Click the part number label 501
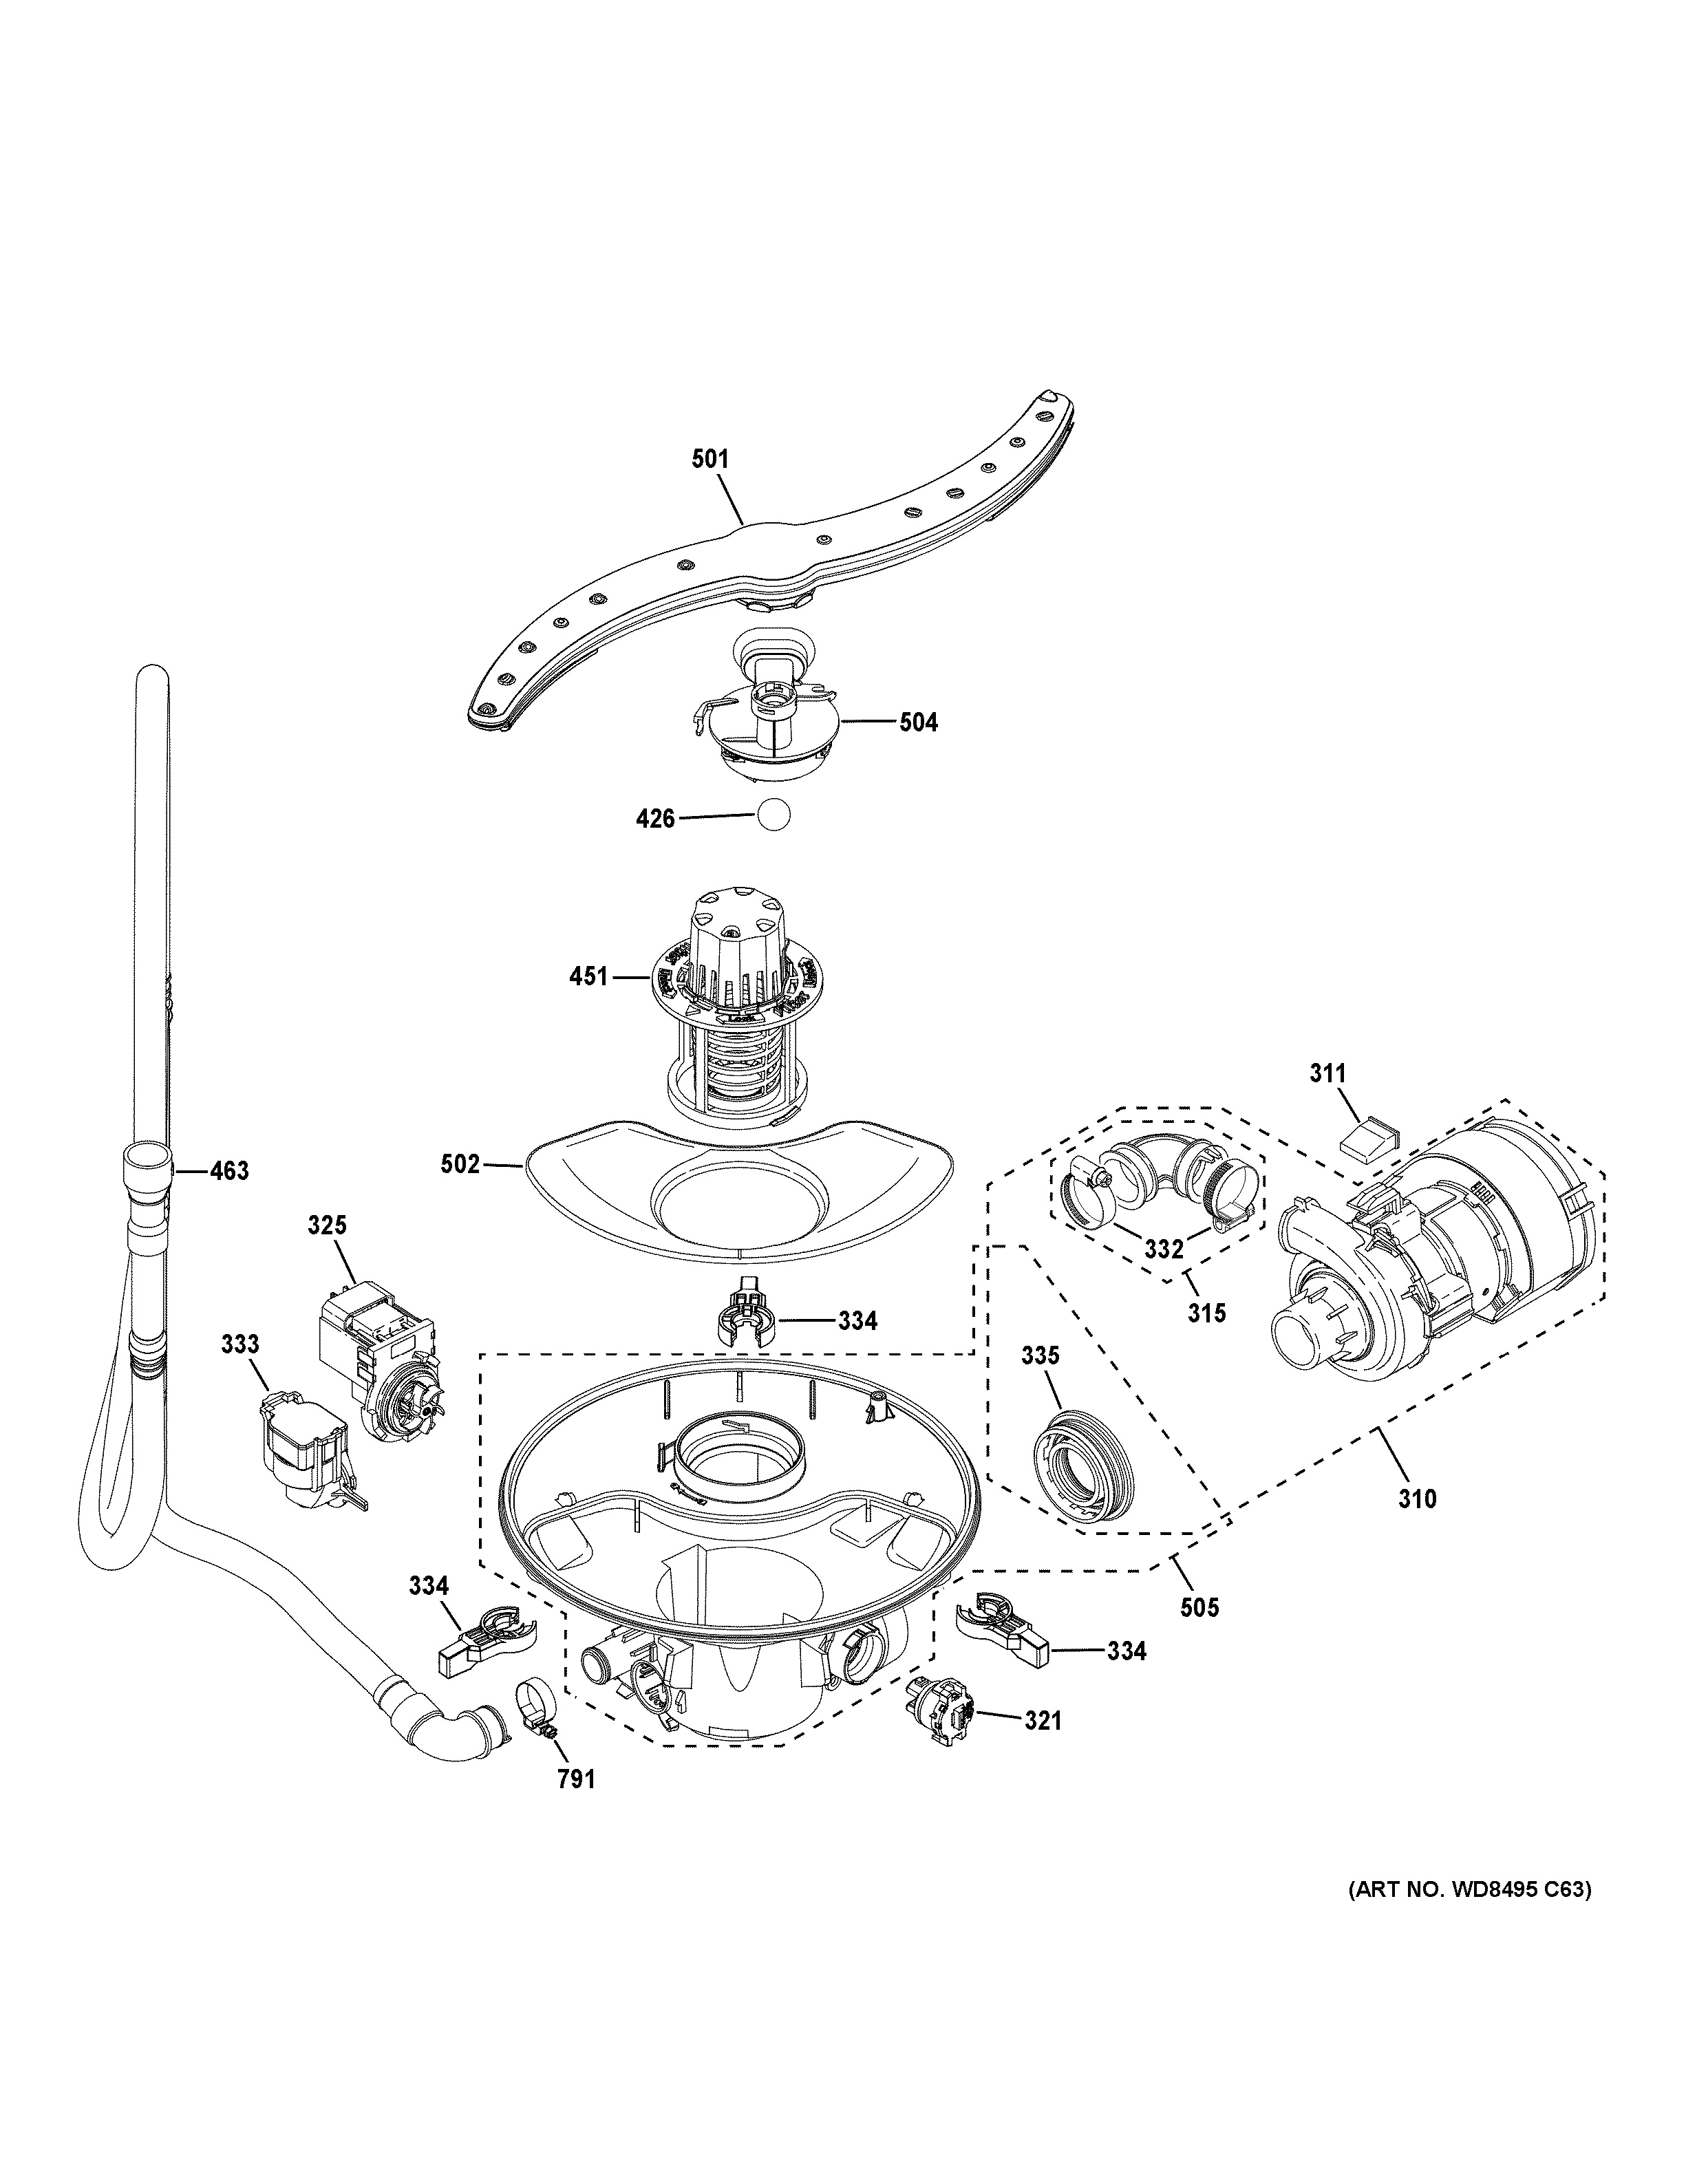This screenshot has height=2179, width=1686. pos(710,460)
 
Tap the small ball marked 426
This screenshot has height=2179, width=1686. pos(773,815)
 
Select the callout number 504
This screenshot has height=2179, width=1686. pos(918,722)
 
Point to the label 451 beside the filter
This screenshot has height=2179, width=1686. pos(588,977)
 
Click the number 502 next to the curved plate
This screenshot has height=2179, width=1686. pos(460,1164)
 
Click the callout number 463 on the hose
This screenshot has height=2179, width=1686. pos(228,1170)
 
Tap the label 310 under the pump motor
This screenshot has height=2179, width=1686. pos(1417,1527)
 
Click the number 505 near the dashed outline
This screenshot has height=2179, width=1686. pos(1199,1635)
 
